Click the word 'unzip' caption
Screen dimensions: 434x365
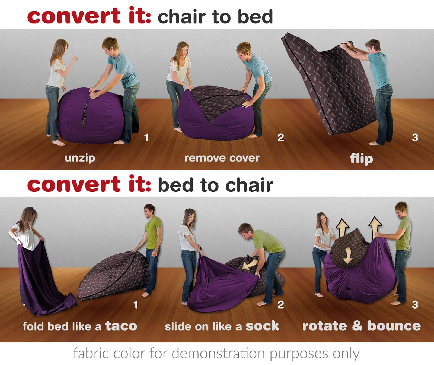[x=80, y=158]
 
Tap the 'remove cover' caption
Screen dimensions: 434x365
[x=222, y=158]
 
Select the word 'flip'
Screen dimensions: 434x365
[x=361, y=159]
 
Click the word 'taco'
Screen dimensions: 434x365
[x=121, y=326]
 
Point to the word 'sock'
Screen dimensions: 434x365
[x=262, y=326]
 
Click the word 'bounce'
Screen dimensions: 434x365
[x=394, y=326]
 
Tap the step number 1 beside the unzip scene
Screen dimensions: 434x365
[x=146, y=138]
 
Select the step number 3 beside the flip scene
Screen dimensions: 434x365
[x=415, y=138]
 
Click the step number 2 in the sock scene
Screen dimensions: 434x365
[x=280, y=305]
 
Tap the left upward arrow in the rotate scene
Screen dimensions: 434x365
[x=342, y=227]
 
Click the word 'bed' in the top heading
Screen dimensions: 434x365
[x=255, y=17]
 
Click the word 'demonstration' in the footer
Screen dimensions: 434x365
[x=218, y=353]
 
